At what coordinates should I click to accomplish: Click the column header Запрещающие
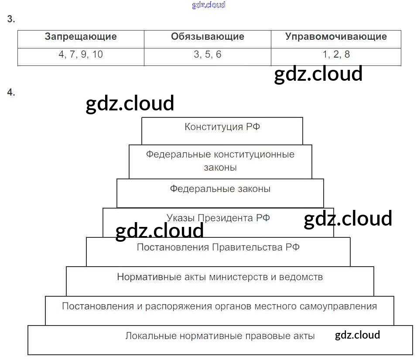[81, 37]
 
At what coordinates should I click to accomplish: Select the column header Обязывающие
[208, 37]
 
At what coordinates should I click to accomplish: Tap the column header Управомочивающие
[336, 37]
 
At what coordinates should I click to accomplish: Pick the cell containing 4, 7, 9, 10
[81, 55]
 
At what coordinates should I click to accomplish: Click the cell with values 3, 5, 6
[208, 55]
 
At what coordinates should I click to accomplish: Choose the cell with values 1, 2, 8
[336, 55]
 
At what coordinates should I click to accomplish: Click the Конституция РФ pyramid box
[222, 127]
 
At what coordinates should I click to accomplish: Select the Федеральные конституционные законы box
[220, 161]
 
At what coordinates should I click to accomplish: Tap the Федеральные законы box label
[220, 189]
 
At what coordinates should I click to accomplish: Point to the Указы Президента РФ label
[218, 218]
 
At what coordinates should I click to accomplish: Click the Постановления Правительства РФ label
[218, 247]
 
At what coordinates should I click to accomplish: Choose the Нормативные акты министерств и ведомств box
[220, 277]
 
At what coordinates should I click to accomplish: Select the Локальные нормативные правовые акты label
[220, 336]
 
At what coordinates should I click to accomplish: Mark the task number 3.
[11, 19]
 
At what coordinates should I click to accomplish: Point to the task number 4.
[11, 92]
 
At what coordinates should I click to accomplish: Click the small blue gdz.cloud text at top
[208, 5]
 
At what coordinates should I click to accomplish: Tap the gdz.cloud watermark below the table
[318, 74]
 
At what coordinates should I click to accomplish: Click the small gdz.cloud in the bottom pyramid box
[357, 335]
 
